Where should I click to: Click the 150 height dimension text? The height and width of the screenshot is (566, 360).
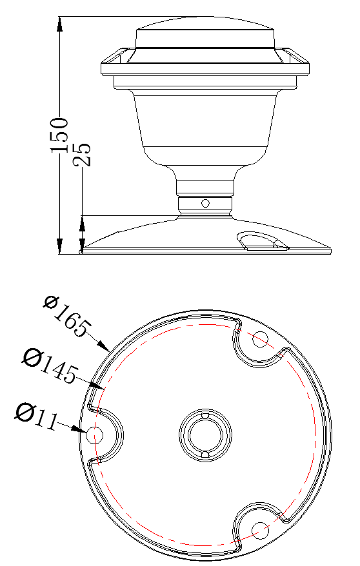[x=59, y=135]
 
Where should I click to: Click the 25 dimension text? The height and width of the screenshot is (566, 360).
[x=82, y=154]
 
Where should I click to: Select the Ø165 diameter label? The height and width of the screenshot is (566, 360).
[x=65, y=316]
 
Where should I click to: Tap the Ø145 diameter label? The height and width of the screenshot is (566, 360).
[x=51, y=364]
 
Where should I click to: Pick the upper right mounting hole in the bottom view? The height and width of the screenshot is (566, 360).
[x=260, y=339]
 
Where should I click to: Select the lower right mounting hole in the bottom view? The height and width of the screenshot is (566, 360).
[x=260, y=531]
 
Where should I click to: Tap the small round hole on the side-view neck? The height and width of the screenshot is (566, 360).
[x=205, y=203]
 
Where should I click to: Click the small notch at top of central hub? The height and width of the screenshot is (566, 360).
[x=205, y=416]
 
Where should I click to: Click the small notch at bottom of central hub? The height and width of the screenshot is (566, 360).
[x=205, y=455]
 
